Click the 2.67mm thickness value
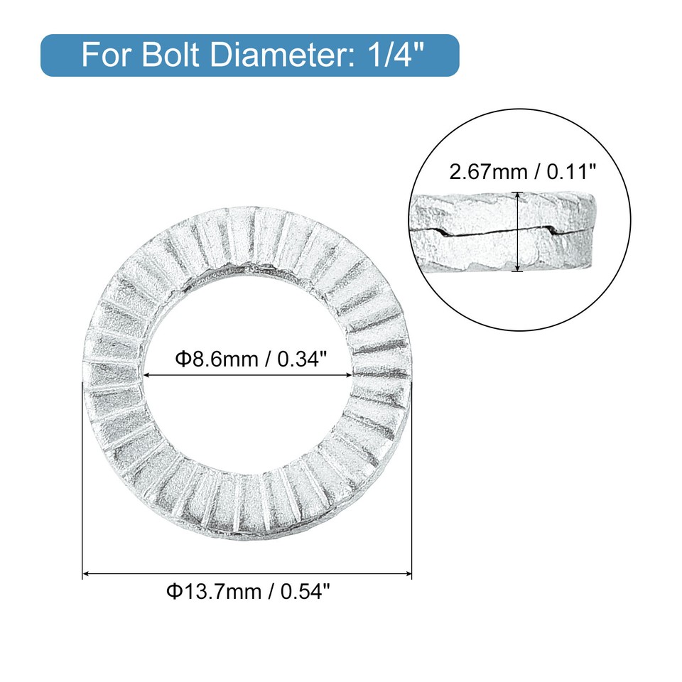tap(480, 171)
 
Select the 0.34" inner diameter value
tap(301, 359)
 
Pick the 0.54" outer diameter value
tap(304, 591)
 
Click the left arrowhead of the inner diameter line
tap(147, 375)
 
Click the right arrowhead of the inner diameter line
tap(350, 375)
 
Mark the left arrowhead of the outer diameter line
tap(87, 573)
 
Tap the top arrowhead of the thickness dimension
tap(518, 195)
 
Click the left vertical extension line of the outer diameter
tap(83, 483)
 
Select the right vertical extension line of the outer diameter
tap(412, 483)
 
